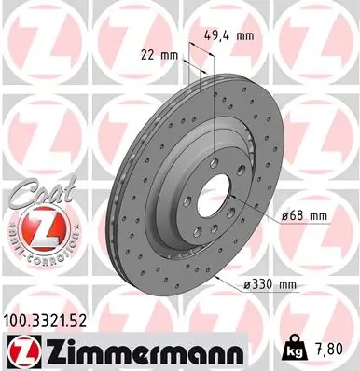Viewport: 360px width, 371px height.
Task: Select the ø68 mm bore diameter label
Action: pyautogui.click(x=304, y=216)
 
